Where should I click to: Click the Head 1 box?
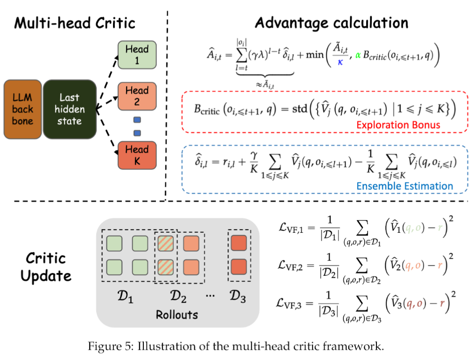point(137,55)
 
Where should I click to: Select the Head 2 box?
point(137,96)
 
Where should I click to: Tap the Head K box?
point(137,155)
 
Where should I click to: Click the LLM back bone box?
point(22,109)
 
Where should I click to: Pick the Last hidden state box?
point(69,109)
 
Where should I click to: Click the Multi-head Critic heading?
point(75,23)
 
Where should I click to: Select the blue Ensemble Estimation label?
point(404,186)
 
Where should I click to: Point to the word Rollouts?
point(177,314)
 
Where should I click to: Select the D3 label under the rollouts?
point(239,297)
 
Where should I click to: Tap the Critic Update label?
point(46,266)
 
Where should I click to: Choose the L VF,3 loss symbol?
point(293,307)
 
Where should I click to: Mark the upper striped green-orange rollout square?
point(166,244)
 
